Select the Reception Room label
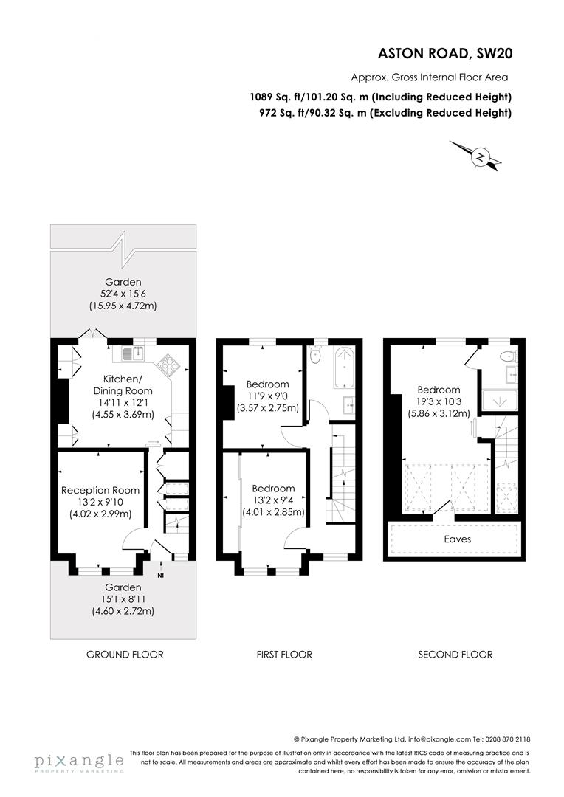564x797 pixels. (100, 490)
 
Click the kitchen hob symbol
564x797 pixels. (169, 363)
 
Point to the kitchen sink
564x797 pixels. (130, 352)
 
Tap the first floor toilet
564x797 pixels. (317, 356)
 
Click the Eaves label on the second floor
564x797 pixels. (457, 539)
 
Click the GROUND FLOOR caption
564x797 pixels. (125, 655)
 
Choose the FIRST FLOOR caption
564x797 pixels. (284, 655)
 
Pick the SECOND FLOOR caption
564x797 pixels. (455, 655)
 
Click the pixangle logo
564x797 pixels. (79, 761)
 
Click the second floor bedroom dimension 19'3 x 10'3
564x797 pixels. (439, 401)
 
